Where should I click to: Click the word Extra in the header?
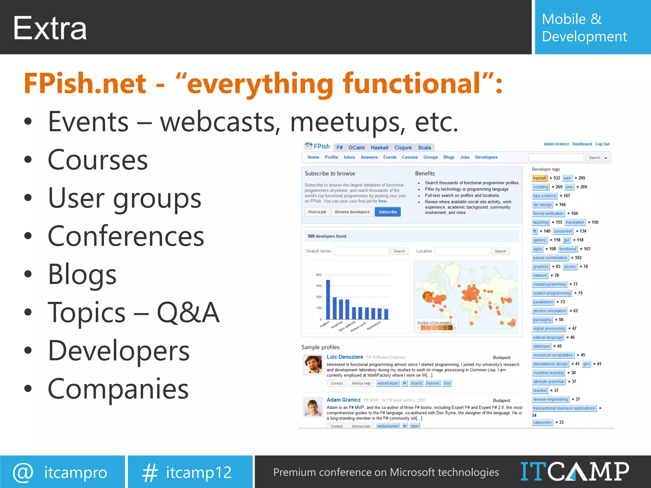[50, 29]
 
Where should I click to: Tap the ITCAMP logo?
[574, 471]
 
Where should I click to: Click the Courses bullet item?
[98, 160]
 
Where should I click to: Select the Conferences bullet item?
[126, 236]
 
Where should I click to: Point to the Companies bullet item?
[118, 389]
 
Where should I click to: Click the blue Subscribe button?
[387, 212]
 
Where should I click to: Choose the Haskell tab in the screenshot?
[379, 148]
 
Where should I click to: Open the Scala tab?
[424, 148]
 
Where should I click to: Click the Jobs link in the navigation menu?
[464, 157]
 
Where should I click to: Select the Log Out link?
[602, 144]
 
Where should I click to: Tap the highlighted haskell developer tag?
[539, 178]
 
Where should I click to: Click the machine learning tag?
[548, 373]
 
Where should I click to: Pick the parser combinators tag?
[550, 258]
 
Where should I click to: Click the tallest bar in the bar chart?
[328, 299]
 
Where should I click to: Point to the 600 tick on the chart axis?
[319, 275]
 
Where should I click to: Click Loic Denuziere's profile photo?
[313, 364]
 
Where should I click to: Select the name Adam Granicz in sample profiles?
[343, 400]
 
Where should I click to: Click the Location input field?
[462, 251]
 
